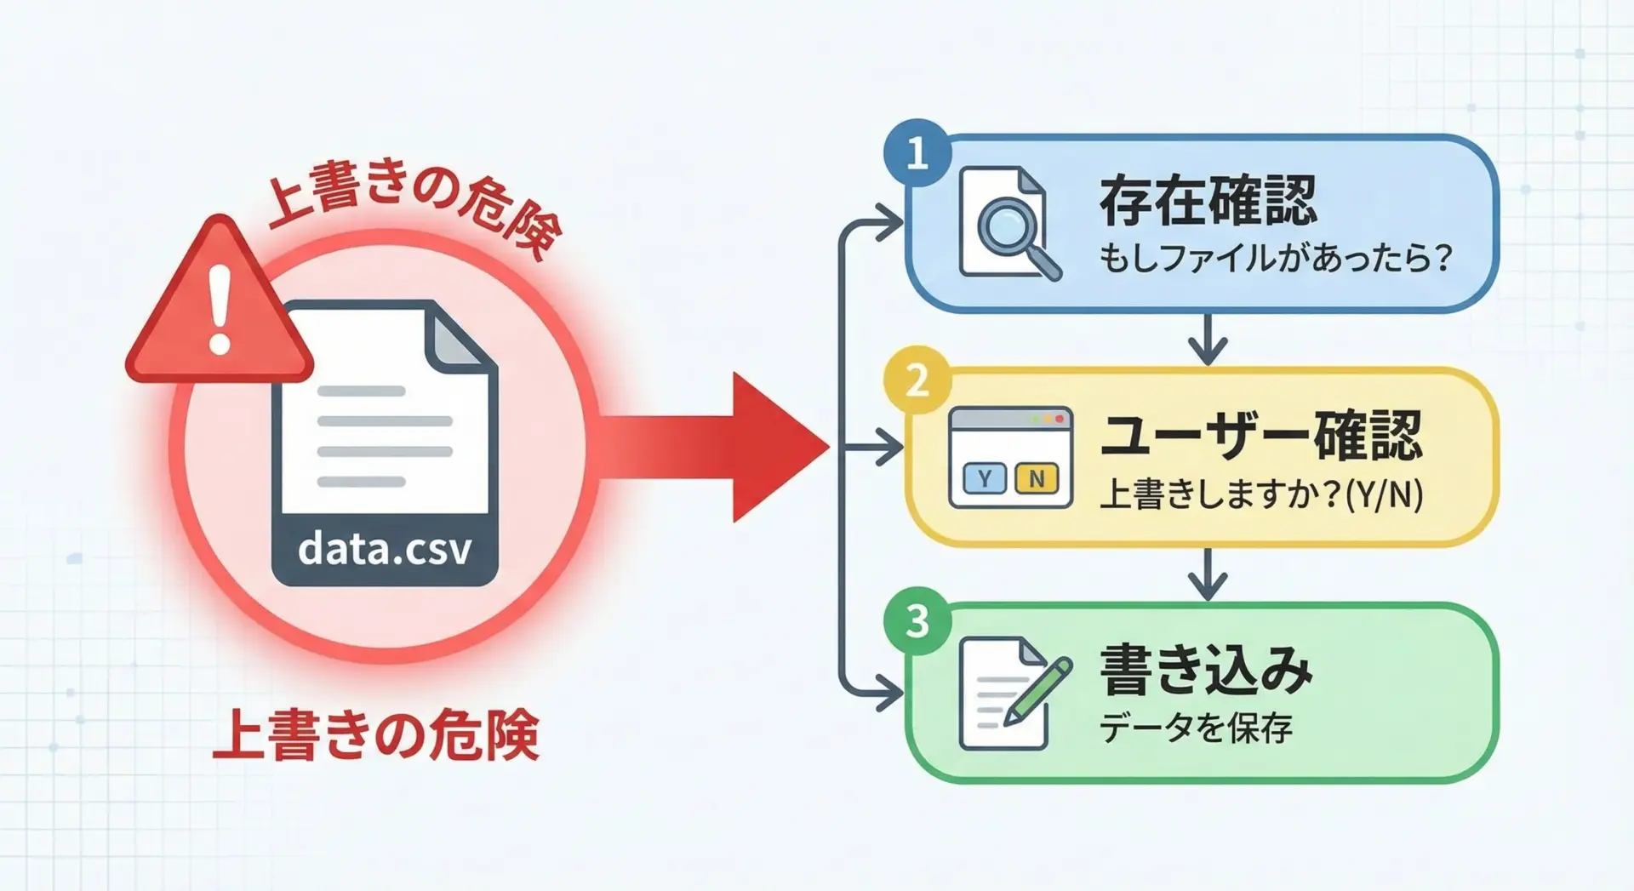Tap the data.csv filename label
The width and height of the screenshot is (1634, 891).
click(385, 549)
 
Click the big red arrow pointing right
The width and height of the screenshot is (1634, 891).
click(732, 446)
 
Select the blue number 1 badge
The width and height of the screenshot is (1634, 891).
click(917, 153)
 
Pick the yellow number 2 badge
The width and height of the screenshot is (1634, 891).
click(917, 380)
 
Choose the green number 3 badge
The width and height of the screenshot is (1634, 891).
click(917, 620)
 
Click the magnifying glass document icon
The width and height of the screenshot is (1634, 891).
click(1008, 223)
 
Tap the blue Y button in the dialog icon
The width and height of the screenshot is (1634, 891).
click(985, 479)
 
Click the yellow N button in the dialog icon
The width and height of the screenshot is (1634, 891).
click(1037, 479)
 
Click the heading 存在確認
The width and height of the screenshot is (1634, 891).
click(1208, 201)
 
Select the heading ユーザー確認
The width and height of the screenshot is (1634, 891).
click(1260, 436)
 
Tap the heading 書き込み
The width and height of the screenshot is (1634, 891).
click(1206, 670)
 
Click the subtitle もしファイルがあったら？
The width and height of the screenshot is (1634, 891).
click(1274, 257)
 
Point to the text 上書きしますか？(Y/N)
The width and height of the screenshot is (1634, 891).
click(1260, 494)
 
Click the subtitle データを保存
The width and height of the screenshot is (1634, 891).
click(1196, 728)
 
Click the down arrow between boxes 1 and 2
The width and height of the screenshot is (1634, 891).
click(1208, 340)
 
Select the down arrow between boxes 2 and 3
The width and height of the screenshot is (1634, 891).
click(1208, 575)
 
